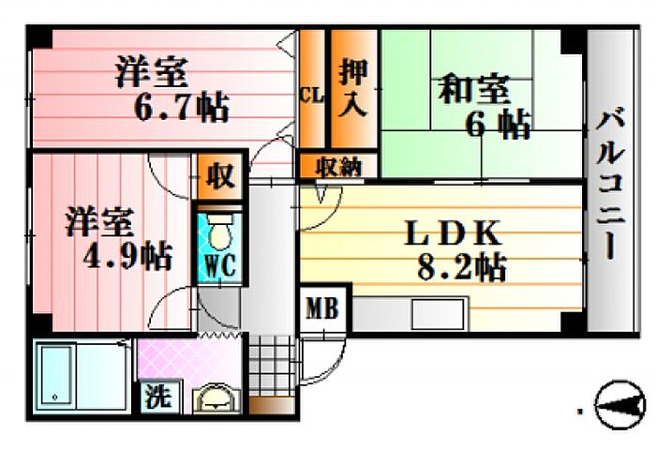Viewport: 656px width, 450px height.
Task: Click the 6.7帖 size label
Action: [182, 108]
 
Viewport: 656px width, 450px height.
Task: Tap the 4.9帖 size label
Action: [118, 255]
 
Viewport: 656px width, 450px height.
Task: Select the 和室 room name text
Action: [474, 91]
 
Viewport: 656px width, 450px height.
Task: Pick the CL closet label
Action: [310, 95]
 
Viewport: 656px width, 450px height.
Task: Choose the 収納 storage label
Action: [337, 167]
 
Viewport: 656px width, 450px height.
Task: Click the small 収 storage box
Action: [220, 176]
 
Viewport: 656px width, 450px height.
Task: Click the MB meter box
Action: [324, 308]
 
